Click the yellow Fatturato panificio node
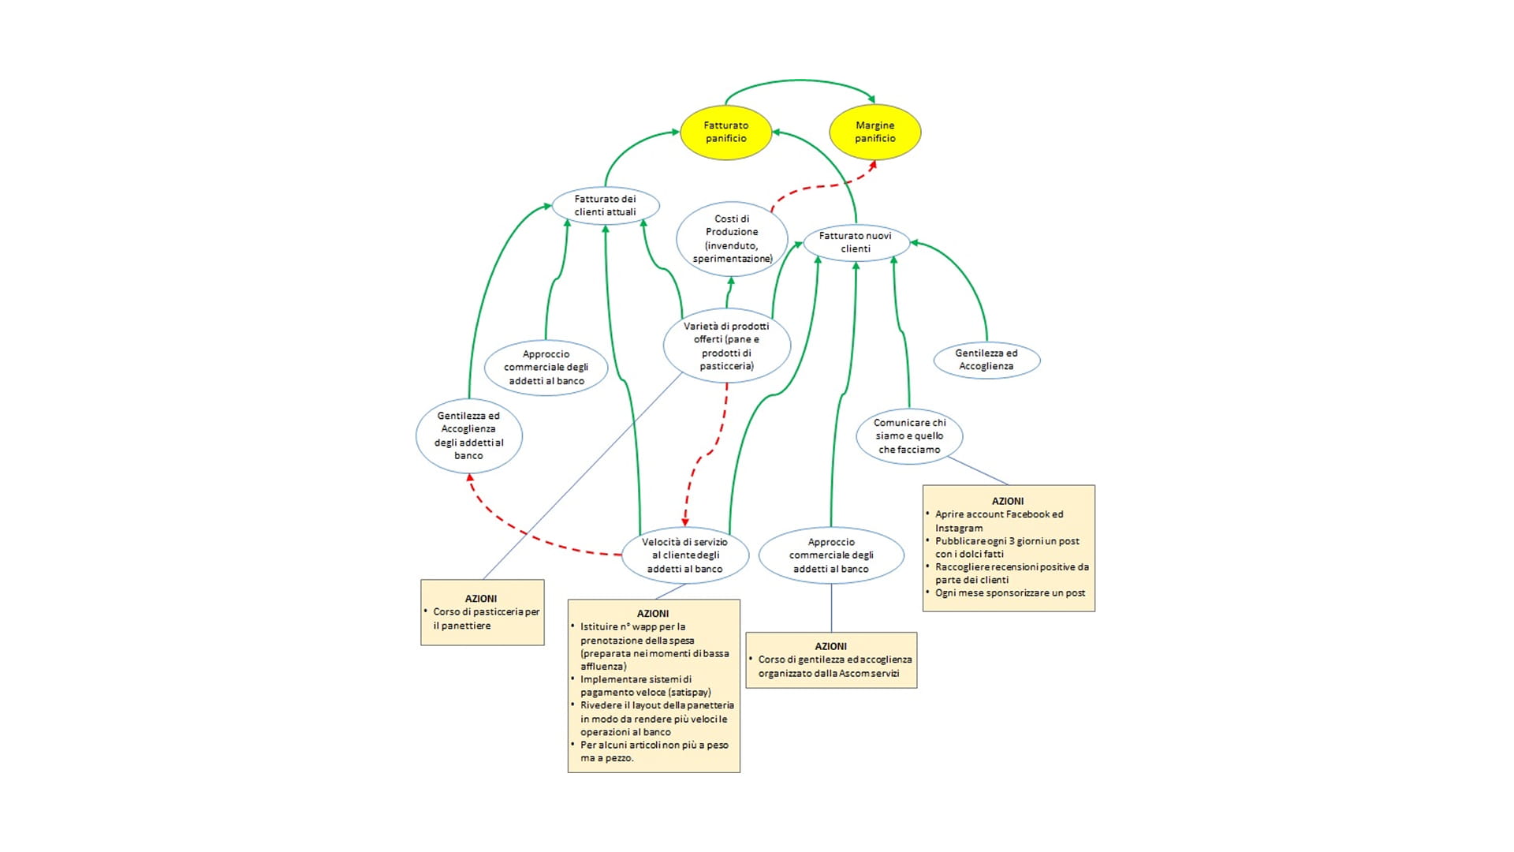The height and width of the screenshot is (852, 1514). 725,132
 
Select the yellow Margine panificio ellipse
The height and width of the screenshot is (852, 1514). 874,132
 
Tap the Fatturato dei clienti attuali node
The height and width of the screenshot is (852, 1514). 605,205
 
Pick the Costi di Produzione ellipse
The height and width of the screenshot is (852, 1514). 732,238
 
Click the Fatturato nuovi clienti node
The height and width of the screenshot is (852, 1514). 856,241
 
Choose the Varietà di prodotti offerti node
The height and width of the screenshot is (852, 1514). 726,346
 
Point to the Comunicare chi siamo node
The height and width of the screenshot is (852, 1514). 909,435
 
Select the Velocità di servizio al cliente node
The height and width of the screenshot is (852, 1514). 684,555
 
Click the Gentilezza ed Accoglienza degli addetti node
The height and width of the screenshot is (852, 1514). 468,435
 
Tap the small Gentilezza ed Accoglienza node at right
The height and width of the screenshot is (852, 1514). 986,360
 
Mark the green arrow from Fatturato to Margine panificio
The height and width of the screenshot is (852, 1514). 800,80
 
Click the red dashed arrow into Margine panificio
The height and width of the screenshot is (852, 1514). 820,186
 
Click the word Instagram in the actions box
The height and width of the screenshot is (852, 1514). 959,528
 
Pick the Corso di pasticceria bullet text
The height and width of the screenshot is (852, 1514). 486,618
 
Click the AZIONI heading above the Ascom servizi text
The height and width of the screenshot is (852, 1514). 830,646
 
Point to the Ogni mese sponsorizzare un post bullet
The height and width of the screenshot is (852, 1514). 1009,592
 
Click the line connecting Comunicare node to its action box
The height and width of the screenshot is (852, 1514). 978,470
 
